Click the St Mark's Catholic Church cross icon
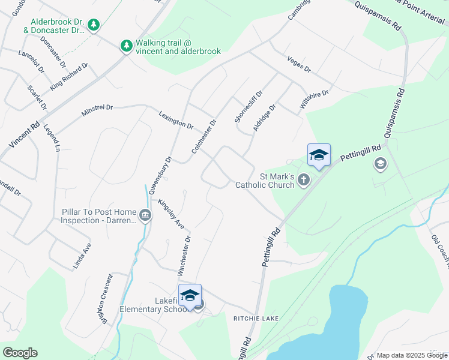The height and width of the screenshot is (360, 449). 304,179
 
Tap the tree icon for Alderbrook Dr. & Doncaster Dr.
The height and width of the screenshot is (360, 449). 93,25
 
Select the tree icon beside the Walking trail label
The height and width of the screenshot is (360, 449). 126,46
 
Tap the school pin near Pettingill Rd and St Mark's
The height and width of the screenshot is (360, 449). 319,155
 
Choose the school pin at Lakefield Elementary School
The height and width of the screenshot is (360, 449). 190,295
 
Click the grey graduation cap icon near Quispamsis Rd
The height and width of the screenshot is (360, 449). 379,163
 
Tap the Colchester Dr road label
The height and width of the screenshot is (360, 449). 203,136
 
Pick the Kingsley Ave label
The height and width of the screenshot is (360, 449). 171,214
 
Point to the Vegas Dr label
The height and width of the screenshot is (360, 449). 299,65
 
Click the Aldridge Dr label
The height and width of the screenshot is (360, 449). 264,118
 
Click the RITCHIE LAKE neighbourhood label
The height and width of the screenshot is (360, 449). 256,319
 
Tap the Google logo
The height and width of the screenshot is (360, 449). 20,353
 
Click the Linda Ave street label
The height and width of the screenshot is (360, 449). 83,256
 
